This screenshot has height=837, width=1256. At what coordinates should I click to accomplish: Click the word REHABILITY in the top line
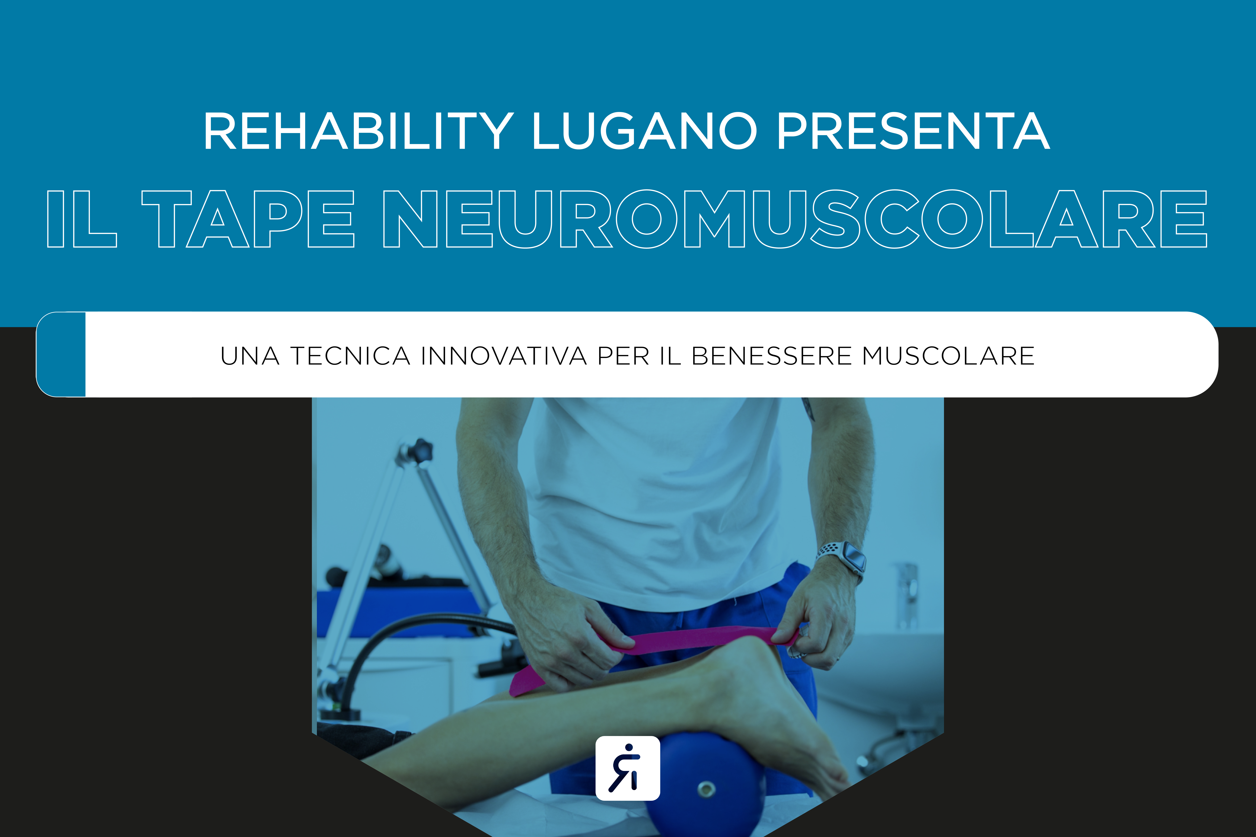pyautogui.click(x=358, y=131)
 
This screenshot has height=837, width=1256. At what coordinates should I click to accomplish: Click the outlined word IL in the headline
pyautogui.click(x=82, y=219)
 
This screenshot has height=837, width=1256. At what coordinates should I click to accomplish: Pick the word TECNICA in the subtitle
pyautogui.click(x=350, y=356)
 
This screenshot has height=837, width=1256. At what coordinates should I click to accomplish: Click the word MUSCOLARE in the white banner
pyautogui.click(x=948, y=356)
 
